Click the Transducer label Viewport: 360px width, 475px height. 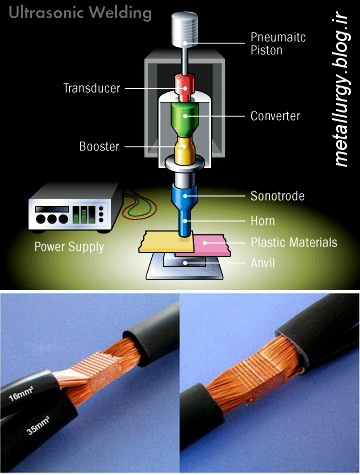[92, 88]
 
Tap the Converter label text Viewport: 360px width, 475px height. [275, 116]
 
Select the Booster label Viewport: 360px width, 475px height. [99, 146]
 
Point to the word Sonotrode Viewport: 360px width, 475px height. [277, 196]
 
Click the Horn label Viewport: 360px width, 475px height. [263, 221]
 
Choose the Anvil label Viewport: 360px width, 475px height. [263, 263]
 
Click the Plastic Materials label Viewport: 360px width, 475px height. [294, 242]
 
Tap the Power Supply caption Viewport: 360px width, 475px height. [69, 247]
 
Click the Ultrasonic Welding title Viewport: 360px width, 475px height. [80, 13]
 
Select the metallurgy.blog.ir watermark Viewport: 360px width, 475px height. [341, 91]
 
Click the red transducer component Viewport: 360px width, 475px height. [185, 88]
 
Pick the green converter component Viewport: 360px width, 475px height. [184, 119]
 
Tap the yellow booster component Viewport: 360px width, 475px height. [184, 151]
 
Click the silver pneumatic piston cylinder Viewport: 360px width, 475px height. [184, 29]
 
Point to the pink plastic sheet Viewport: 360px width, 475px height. [208, 246]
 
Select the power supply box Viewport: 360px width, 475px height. [75, 207]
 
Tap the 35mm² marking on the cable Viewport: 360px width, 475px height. [38, 426]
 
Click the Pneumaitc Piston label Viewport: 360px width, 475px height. [278, 43]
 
